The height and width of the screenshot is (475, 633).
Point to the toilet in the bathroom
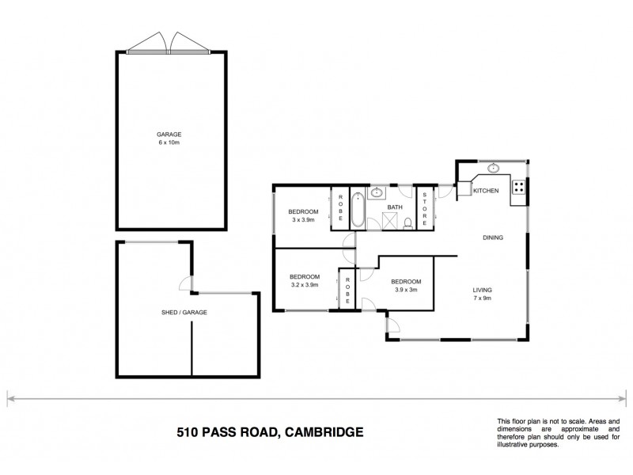[x=408, y=222]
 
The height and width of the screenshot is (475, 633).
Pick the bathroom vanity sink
[x=376, y=192]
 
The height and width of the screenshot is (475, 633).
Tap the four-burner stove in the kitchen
[x=520, y=188]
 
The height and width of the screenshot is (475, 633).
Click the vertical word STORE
[x=425, y=210]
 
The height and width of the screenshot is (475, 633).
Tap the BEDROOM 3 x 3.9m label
[x=303, y=215]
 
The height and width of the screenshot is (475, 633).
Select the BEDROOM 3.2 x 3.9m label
[x=305, y=280]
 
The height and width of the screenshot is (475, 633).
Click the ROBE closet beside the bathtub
[x=340, y=209]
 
